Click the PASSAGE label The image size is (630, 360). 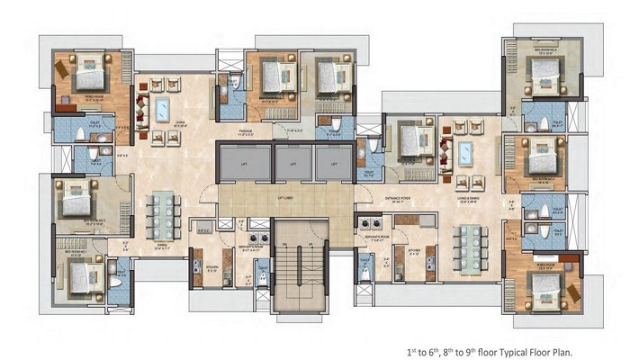(238, 132)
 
